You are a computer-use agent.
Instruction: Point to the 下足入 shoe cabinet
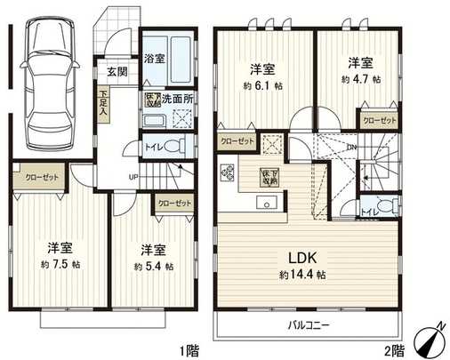tap(104, 106)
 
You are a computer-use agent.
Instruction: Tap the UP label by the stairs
tap(133, 176)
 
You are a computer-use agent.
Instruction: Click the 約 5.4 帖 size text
tap(153, 267)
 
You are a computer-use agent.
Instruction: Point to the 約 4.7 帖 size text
tap(360, 79)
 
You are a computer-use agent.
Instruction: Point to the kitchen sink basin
tap(265, 203)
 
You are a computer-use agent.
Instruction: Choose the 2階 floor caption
tap(395, 348)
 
